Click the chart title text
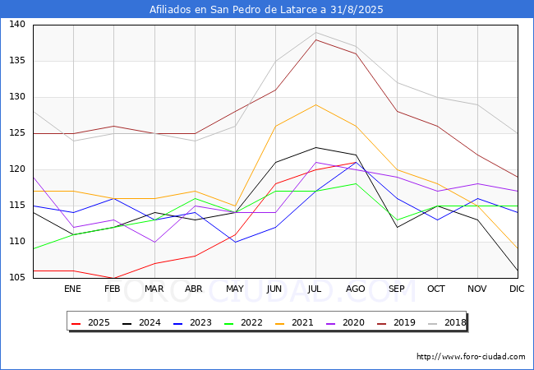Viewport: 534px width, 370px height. (266, 10)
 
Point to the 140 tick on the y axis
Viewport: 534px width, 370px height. (16, 25)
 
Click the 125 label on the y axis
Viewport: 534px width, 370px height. (16, 133)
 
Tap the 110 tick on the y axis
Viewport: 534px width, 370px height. (16, 242)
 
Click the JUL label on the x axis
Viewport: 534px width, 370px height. (315, 289)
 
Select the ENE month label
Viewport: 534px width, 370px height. (73, 289)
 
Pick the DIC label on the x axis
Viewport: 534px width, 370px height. (517, 289)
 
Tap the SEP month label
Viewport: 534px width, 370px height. (396, 289)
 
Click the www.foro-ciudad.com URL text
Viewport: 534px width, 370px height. (471, 357)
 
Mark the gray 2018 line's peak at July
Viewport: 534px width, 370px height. (315, 32)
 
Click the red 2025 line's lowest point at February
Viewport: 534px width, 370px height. (113, 278)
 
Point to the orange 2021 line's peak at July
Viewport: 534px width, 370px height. (315, 104)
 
